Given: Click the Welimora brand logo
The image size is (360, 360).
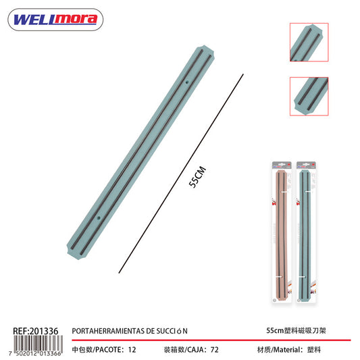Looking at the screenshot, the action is pyautogui.click(x=55, y=20).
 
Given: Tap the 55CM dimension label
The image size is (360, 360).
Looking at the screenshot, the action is pyautogui.click(x=197, y=177).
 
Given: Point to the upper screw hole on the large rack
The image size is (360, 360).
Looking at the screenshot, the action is pyautogui.click(x=186, y=82).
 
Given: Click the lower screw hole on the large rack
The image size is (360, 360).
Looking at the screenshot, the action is pyautogui.click(x=99, y=217).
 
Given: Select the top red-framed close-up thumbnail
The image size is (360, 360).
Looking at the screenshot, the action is pyautogui.click(x=309, y=43).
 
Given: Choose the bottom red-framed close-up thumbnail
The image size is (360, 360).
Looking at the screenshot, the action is pyautogui.click(x=309, y=96).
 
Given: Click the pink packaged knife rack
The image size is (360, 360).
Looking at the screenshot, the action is pyautogui.click(x=282, y=232).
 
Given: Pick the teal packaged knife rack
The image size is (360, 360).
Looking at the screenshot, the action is pyautogui.click(x=306, y=232).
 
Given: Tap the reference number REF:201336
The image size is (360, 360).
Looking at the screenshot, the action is pyautogui.click(x=36, y=331).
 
